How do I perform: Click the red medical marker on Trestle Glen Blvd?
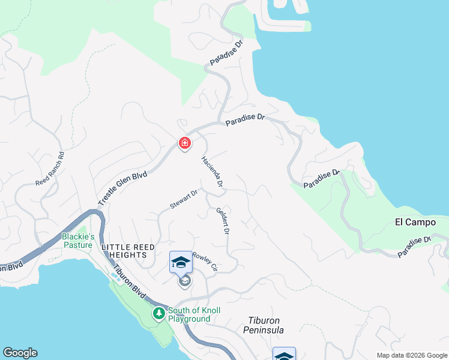coord(185,143)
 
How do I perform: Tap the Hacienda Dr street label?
coord(213,172)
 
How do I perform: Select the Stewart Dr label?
coord(184,199)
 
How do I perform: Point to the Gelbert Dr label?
coord(222,220)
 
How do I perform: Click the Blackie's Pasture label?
coord(77,241)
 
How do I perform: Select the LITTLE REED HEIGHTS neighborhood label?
coord(128,251)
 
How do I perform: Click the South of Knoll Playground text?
coord(194,314)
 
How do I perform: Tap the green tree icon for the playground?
coord(158,313)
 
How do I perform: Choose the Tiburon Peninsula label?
coord(264,325)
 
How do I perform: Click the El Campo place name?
coord(415,222)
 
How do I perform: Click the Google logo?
coord(20,353)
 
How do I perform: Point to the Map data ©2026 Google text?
coord(411,355)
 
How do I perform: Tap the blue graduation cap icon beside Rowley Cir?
coord(181,262)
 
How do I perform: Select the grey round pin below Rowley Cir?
coord(185,281)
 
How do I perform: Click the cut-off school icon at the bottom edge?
coord(284,355)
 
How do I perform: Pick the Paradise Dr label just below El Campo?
coord(414,247)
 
